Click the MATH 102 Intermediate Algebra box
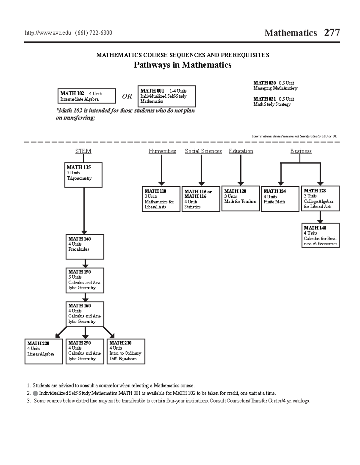pyautogui.click(x=86, y=96)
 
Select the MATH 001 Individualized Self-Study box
pyautogui.click(x=166, y=96)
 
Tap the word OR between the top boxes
pyautogui.click(x=127, y=96)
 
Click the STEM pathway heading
pyautogui.click(x=83, y=151)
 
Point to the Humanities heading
pyautogui.click(x=162, y=151)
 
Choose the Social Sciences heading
pyautogui.click(x=203, y=151)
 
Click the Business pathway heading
pyautogui.click(x=301, y=151)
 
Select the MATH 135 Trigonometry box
pyautogui.click(x=83, y=175)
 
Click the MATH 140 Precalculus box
pyautogui.click(x=85, y=246)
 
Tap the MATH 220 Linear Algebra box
pyautogui.click(x=44, y=351)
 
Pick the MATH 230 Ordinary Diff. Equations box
pyautogui.click(x=126, y=351)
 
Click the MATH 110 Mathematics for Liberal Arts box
pyautogui.click(x=161, y=199)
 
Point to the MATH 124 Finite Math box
pyautogui.click(x=280, y=199)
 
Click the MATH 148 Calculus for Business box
pyautogui.click(x=320, y=235)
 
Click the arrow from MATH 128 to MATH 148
pyautogui.click(x=320, y=217)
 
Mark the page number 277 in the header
pyautogui.click(x=332, y=32)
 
